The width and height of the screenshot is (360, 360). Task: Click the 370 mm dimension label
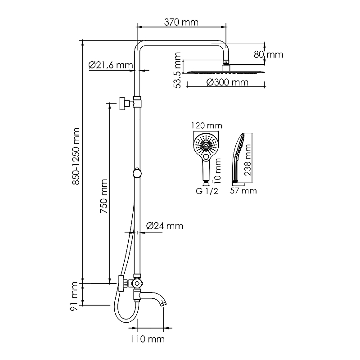click(x=181, y=22)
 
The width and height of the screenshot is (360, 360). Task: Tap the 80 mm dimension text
click(x=268, y=54)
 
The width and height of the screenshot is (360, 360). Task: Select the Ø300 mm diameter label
click(x=227, y=82)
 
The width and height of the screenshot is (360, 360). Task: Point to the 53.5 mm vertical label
click(x=177, y=70)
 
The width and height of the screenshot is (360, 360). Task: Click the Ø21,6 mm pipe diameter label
click(x=111, y=65)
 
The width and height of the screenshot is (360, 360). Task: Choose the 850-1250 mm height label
click(x=76, y=156)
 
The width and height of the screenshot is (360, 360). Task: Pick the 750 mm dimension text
click(x=104, y=196)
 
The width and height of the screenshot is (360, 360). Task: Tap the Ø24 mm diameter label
click(x=165, y=226)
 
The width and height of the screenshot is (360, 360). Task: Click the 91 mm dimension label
click(x=74, y=297)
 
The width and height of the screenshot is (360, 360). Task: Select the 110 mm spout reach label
click(x=148, y=339)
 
